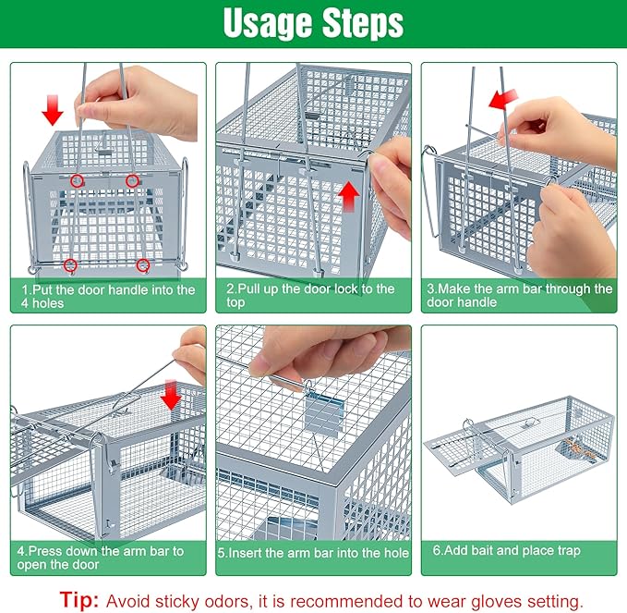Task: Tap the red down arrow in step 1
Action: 53,113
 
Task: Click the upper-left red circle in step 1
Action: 78,179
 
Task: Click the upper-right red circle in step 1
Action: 133,179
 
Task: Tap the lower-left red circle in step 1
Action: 70,266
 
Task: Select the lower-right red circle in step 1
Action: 143,266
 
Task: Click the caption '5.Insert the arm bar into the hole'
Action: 313,552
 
